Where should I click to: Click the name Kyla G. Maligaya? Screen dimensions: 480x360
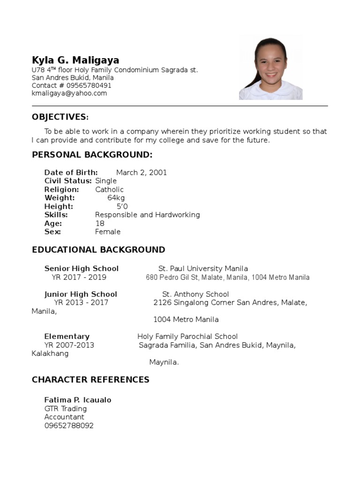(x=75, y=60)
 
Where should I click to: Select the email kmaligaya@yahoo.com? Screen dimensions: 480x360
(x=69, y=93)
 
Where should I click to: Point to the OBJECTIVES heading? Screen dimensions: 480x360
(x=60, y=117)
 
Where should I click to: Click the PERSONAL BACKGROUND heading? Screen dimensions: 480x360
(x=92, y=155)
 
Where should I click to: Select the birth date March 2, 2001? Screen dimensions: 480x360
(x=142, y=172)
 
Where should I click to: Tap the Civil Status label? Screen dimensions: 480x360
(x=68, y=181)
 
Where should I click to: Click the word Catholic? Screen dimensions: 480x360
(x=109, y=189)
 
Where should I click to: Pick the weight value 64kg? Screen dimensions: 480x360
(x=116, y=198)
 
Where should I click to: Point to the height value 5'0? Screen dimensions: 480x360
(x=122, y=206)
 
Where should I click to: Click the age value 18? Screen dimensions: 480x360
(x=100, y=223)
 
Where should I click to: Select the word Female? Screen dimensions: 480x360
(x=108, y=232)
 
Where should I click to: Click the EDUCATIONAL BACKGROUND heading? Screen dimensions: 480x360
(x=98, y=250)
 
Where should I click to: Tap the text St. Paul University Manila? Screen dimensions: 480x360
(x=203, y=269)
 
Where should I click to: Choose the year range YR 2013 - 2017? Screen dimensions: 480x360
(x=81, y=302)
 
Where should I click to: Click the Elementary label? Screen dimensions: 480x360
(x=67, y=337)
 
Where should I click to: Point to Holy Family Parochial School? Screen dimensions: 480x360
(x=187, y=337)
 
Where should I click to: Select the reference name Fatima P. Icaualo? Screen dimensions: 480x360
(x=78, y=400)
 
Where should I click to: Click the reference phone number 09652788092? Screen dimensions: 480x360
(x=69, y=426)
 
